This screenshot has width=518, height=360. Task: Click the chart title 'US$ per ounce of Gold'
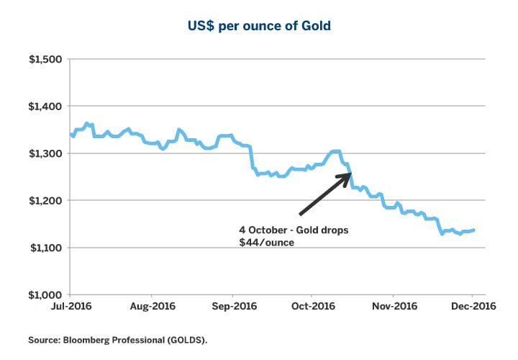[x=258, y=27]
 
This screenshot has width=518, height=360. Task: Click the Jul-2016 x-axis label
[x=70, y=307]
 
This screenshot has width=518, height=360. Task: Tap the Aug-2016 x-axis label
[x=152, y=307]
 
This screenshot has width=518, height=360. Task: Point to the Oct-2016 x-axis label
[x=312, y=307]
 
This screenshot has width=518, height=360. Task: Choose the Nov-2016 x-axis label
[x=394, y=307]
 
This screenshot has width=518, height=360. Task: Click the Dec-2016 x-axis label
[x=472, y=307]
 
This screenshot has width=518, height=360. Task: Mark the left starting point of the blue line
[x=71, y=134]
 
